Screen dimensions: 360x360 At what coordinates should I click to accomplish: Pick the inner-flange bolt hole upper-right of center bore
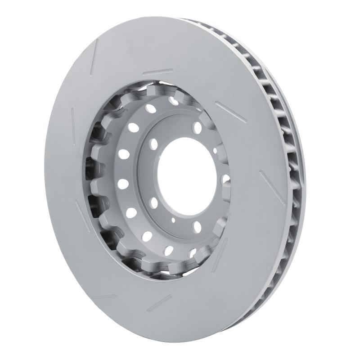point(197,128)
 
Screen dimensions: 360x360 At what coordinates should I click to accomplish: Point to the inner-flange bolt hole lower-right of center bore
point(197,225)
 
